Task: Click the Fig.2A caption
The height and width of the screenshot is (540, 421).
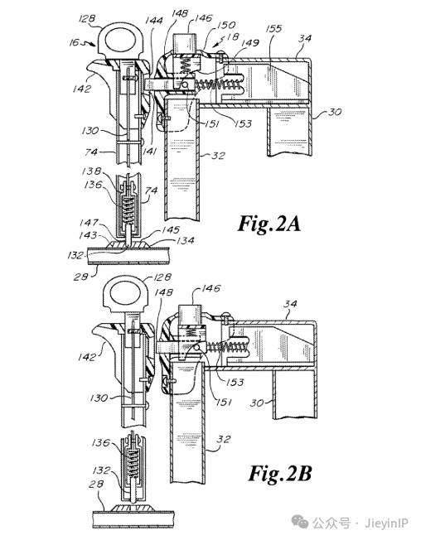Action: pos(269,224)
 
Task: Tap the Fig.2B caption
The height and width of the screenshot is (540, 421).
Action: pos(280,473)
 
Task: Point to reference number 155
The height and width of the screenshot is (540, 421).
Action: pos(273,29)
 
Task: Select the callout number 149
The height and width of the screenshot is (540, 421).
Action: pos(250,43)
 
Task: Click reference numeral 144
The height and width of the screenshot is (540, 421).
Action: pos(153,21)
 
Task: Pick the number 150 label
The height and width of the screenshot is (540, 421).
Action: pos(226,25)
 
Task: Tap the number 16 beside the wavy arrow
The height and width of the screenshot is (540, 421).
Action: pos(74,43)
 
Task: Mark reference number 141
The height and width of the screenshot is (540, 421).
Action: pos(149,151)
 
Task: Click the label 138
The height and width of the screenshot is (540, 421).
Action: pos(91,171)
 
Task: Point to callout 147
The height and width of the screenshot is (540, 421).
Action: pos(89,223)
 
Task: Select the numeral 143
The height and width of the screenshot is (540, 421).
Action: pos(88,235)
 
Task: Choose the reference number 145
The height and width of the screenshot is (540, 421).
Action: pos(171,229)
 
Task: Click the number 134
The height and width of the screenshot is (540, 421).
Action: pos(186,241)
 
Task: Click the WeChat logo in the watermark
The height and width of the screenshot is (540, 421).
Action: pos(300,523)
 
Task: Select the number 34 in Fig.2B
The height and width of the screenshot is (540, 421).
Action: pos(290,304)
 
